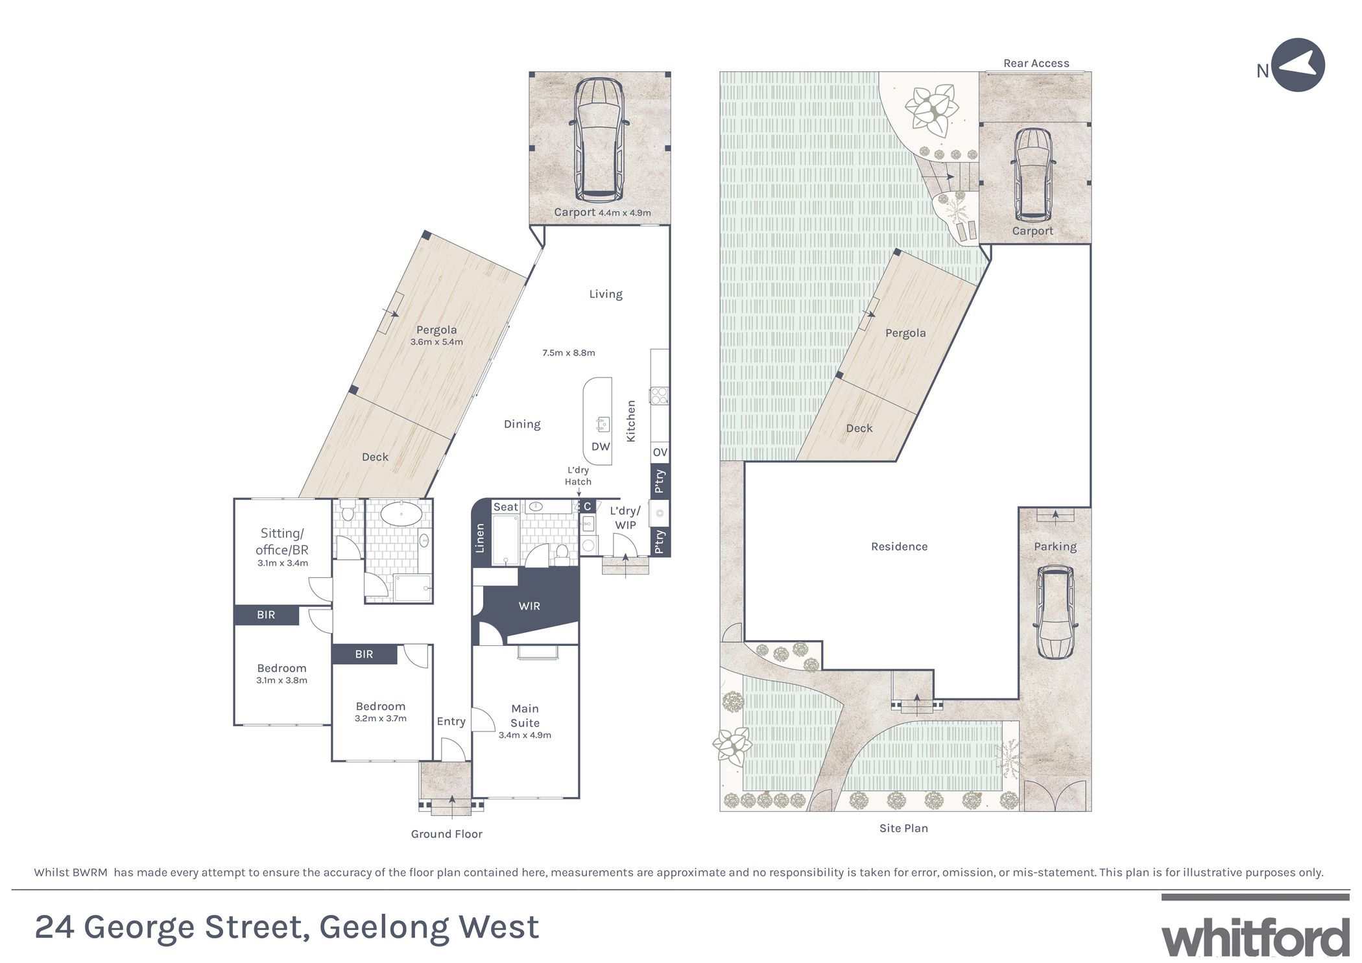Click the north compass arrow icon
tap(1297, 65)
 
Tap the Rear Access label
tap(1036, 63)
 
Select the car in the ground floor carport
tap(599, 139)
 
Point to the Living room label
tap(605, 294)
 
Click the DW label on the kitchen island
tap(601, 447)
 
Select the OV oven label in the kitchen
tap(660, 452)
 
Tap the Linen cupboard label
tap(479, 538)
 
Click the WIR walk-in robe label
tap(529, 606)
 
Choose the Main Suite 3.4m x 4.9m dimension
tap(525, 735)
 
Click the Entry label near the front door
tap(451, 722)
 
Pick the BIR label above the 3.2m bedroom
tap(364, 654)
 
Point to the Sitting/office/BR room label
tap(282, 541)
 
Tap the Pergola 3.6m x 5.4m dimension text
tap(436, 342)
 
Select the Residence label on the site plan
tap(899, 547)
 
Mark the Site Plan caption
tap(903, 828)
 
